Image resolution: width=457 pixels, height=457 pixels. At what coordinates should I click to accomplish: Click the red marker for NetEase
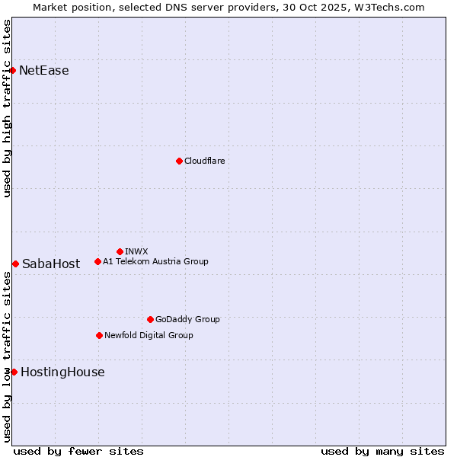[13, 71]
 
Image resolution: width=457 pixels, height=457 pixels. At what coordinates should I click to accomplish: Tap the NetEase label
[44, 71]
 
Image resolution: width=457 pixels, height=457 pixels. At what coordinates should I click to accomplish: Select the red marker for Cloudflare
[179, 161]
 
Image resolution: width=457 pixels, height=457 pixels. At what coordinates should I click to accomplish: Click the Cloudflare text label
[205, 161]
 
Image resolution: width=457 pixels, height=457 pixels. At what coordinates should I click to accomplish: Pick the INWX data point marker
[120, 251]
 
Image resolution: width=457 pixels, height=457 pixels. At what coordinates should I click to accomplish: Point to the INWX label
[136, 251]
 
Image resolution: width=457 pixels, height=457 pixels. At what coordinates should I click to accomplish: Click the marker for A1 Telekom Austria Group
[97, 261]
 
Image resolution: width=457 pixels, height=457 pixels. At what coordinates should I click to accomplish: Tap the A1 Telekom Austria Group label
[155, 261]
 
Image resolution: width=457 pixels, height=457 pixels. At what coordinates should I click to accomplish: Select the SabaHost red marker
[15, 264]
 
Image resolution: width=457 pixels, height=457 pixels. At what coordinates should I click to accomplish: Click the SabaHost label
[51, 264]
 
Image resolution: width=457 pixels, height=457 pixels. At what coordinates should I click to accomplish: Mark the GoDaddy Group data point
[150, 319]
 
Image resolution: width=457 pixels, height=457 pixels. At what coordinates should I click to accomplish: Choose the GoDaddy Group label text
[187, 319]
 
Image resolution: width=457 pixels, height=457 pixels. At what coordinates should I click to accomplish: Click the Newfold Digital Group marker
[99, 335]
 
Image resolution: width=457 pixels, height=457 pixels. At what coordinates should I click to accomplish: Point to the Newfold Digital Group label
[149, 335]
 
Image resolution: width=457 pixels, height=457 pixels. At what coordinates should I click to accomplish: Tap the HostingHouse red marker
[14, 372]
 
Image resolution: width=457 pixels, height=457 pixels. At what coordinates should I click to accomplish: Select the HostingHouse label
[62, 372]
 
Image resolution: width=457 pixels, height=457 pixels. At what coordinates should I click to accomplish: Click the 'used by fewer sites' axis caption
[78, 451]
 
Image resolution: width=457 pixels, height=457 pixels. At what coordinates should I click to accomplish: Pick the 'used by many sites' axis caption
[382, 451]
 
